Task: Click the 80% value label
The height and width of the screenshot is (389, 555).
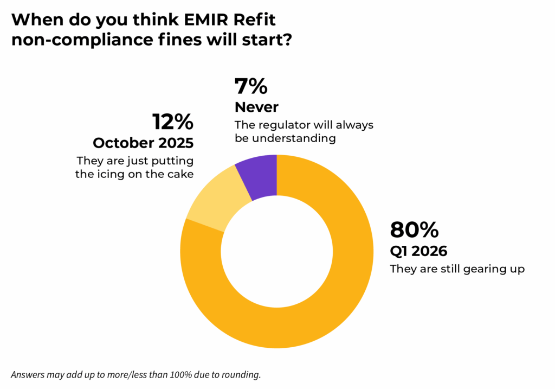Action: pos(414,230)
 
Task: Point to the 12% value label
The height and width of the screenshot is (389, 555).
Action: pos(173,122)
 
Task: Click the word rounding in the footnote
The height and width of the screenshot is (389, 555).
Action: pos(243,374)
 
